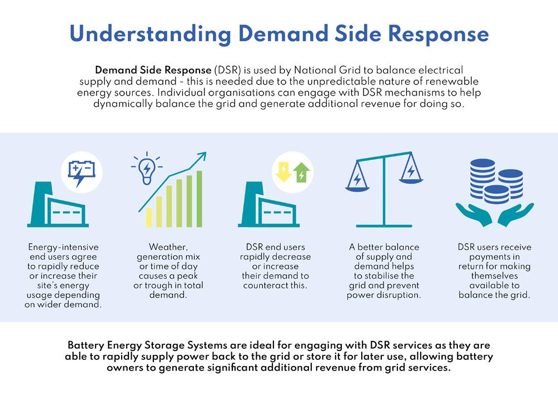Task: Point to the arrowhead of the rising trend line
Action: point(202,156)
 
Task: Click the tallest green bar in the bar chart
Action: point(200,199)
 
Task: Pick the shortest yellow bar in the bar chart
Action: point(149,218)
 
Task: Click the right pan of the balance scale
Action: point(411,174)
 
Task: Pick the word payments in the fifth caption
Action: point(494,256)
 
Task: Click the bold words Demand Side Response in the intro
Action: point(153,71)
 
